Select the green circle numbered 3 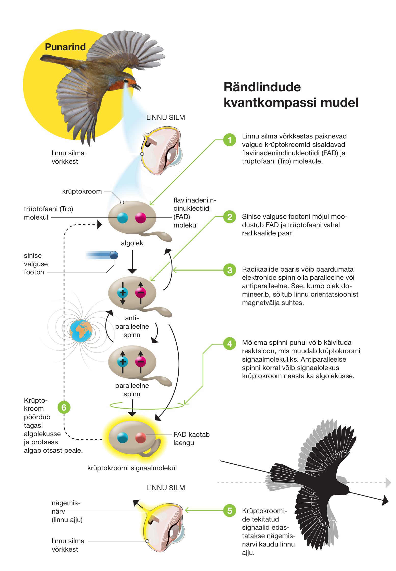tap(230, 270)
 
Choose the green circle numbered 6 tap(64, 408)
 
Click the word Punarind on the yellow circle tap(65, 47)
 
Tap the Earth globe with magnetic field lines tap(81, 331)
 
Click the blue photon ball tap(114, 255)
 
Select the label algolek tap(132, 243)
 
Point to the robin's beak tap(137, 86)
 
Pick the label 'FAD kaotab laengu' tap(191, 438)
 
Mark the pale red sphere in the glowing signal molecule tap(141, 438)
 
